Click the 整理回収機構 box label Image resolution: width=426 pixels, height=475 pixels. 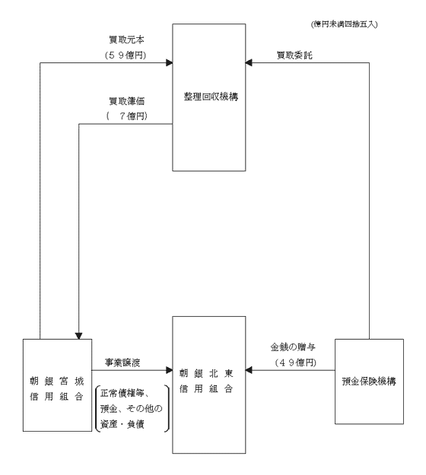211,97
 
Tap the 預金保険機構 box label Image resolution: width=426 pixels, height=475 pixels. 369,381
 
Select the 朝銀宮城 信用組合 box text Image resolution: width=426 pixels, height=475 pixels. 57,388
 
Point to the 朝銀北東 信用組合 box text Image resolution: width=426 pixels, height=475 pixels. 206,381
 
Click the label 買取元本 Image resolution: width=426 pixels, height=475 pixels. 127,40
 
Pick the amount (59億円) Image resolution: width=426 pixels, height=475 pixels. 126,55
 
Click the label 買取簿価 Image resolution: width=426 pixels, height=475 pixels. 127,101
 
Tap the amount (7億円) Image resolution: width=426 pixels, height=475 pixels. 127,116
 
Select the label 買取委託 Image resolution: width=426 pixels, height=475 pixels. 294,55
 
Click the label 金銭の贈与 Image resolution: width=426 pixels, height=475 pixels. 293,347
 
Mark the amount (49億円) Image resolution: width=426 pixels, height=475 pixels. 296,363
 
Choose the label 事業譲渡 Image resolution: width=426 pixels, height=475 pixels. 122,363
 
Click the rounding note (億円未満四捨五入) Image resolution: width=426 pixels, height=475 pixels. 344,24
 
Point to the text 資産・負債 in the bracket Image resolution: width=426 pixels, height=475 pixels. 122,424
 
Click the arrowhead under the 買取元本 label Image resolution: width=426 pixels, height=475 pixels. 169,63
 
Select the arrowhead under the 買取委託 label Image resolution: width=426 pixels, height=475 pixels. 249,63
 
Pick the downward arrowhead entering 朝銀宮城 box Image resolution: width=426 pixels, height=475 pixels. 79,336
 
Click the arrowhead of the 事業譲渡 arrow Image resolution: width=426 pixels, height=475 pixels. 169,370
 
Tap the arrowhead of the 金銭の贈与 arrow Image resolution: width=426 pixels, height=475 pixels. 249,370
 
